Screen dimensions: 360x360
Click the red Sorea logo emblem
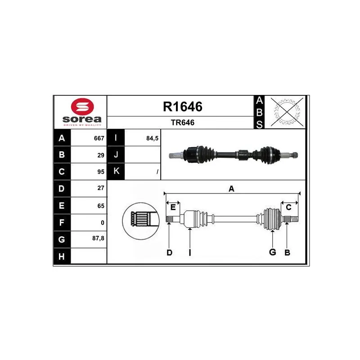82,107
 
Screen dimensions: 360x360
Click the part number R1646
183,107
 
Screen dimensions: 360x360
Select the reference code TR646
183,122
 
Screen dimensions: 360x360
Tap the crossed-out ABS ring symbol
287,112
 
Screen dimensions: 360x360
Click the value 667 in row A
99,138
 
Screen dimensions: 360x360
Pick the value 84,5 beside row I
153,138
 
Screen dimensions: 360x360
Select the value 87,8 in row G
98,238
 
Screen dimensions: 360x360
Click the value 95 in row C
101,172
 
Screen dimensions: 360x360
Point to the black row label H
62,256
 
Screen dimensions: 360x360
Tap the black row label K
116,171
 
